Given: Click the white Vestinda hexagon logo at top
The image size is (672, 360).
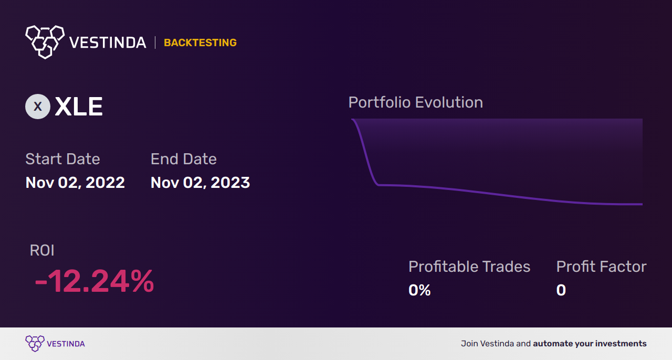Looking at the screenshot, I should (x=45, y=41).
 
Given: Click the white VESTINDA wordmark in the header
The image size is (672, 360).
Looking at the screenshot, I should (x=108, y=43).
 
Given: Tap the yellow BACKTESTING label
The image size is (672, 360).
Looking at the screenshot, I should (x=200, y=43).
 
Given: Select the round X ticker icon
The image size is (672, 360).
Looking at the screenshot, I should (x=38, y=107).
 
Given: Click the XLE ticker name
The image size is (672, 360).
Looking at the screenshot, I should (x=79, y=107).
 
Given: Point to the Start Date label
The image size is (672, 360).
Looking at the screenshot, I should (x=62, y=159).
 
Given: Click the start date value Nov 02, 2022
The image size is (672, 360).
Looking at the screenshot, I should (x=75, y=183).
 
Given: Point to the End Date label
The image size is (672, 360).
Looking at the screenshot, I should (x=183, y=159).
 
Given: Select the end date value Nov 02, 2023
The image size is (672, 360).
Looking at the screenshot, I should (x=200, y=183).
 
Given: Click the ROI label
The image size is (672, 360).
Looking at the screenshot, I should (x=42, y=250).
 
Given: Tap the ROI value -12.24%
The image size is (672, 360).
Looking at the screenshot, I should (x=94, y=281).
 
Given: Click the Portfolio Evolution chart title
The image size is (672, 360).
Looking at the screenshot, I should (x=415, y=102).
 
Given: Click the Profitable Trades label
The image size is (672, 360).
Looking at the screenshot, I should (x=469, y=267).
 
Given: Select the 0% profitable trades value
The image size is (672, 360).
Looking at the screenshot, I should (x=419, y=290).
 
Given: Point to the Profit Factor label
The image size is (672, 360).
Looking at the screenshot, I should (x=601, y=267).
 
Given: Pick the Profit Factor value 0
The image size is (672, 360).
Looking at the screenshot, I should (x=561, y=290).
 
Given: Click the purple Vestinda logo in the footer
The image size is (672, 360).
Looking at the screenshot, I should (x=35, y=344).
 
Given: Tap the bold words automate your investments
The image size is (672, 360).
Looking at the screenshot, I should (x=590, y=344).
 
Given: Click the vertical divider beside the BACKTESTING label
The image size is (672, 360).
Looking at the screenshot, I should (x=155, y=43).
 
